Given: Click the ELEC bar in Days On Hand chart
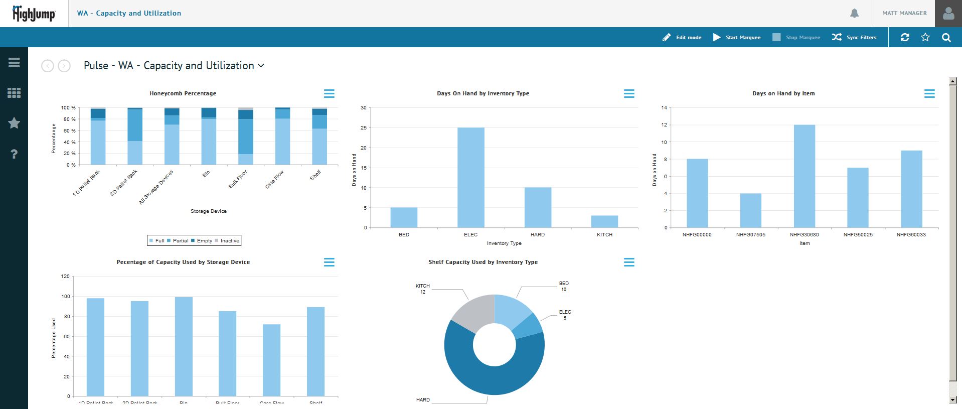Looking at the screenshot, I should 470,178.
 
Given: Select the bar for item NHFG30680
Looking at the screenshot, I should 804,176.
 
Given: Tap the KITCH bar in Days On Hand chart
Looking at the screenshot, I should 604,221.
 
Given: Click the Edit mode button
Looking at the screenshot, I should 682,37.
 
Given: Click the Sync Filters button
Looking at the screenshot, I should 854,37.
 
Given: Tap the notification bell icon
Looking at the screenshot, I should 854,14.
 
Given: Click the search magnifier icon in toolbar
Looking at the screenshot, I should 946,37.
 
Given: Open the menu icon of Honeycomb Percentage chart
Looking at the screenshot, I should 329,93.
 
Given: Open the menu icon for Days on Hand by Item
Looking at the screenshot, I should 929,93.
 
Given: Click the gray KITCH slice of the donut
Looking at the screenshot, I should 471,311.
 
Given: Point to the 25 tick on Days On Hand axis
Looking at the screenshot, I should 363,128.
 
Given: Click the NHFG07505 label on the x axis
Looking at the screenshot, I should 750,234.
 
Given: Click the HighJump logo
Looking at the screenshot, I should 34,14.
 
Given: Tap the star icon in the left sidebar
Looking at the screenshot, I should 14,123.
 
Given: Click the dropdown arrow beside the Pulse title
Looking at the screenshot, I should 261,66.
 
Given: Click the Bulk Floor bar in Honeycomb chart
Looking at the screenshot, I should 245,136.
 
